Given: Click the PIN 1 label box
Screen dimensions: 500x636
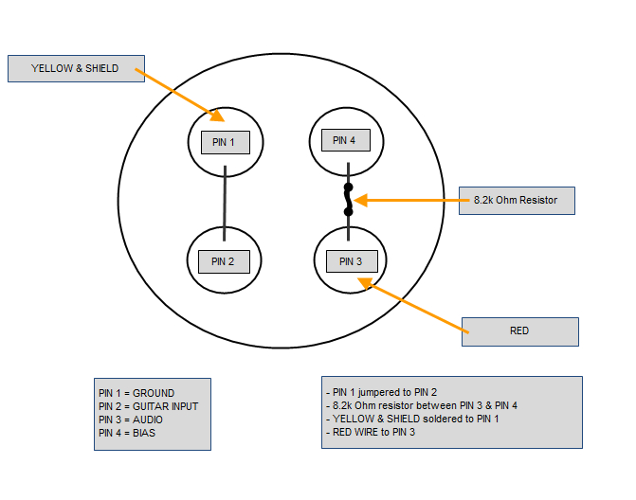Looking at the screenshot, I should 225,143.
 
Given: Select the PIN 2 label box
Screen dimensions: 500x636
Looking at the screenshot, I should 224,261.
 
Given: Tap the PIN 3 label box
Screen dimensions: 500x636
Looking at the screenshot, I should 350,261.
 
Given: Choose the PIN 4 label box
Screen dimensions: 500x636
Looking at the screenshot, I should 345,141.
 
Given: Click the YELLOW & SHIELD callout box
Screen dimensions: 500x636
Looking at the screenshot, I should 76,68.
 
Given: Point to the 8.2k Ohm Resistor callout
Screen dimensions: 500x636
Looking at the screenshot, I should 516,200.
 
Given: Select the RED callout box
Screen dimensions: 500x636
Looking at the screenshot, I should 519,330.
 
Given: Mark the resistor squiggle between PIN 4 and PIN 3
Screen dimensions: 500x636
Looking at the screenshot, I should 348,201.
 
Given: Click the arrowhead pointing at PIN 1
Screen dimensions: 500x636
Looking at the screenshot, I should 217,116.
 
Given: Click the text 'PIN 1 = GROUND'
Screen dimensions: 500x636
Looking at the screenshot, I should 136,393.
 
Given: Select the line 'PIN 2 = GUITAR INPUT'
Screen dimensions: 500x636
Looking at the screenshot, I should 149,406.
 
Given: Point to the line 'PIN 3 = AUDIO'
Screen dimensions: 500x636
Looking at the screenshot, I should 131,420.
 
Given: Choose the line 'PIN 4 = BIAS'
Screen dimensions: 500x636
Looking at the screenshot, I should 127,433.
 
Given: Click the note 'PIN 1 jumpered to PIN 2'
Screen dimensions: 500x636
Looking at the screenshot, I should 385,392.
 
